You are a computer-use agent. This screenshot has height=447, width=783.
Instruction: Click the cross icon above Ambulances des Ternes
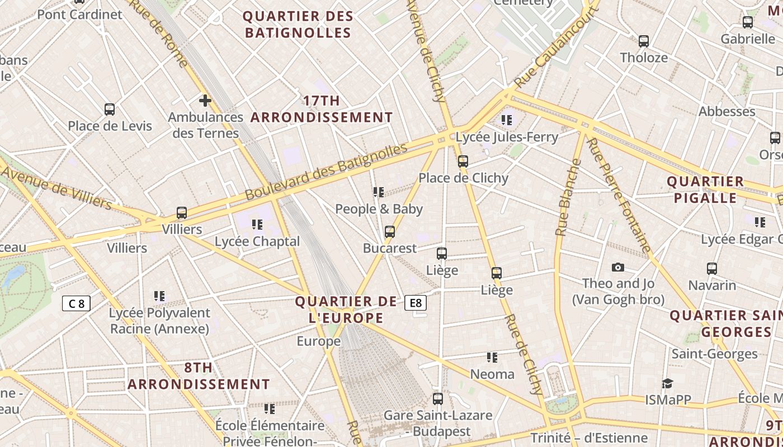click(205, 101)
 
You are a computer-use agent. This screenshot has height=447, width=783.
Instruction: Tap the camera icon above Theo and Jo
click(618, 267)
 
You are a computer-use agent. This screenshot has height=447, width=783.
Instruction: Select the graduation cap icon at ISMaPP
click(667, 383)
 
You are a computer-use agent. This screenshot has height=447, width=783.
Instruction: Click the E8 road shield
click(416, 303)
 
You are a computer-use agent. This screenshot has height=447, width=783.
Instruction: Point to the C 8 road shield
click(76, 304)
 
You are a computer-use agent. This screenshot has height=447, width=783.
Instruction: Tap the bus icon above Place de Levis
click(110, 110)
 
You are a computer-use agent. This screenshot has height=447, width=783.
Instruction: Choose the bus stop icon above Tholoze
click(644, 41)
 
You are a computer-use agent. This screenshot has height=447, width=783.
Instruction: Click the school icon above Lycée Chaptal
click(257, 225)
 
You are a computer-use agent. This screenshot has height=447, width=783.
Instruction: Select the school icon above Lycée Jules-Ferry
click(507, 120)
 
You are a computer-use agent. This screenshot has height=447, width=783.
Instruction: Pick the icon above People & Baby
click(379, 192)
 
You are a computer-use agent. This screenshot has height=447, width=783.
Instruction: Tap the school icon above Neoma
click(492, 358)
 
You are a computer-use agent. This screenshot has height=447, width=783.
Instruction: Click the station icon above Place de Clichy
click(463, 161)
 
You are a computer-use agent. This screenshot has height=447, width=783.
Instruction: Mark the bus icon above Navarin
click(712, 269)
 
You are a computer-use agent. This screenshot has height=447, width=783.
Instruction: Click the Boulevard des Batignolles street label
click(326, 172)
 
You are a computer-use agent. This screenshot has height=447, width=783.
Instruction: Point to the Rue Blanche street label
click(568, 197)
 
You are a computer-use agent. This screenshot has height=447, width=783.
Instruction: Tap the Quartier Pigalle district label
click(705, 189)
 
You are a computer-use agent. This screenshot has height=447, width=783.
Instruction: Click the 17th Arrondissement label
click(322, 109)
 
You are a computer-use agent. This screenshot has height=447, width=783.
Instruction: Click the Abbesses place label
click(727, 111)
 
